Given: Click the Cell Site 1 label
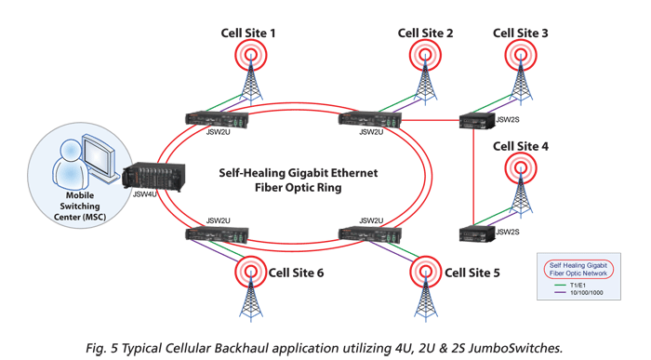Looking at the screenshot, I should click(x=247, y=33).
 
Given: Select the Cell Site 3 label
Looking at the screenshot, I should click(x=520, y=33).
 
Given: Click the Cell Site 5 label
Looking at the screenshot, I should click(x=472, y=273).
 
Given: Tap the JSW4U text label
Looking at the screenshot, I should click(x=145, y=196).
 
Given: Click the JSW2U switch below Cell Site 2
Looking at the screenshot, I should click(x=369, y=119).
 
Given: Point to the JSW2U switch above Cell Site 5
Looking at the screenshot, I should click(x=370, y=234).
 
